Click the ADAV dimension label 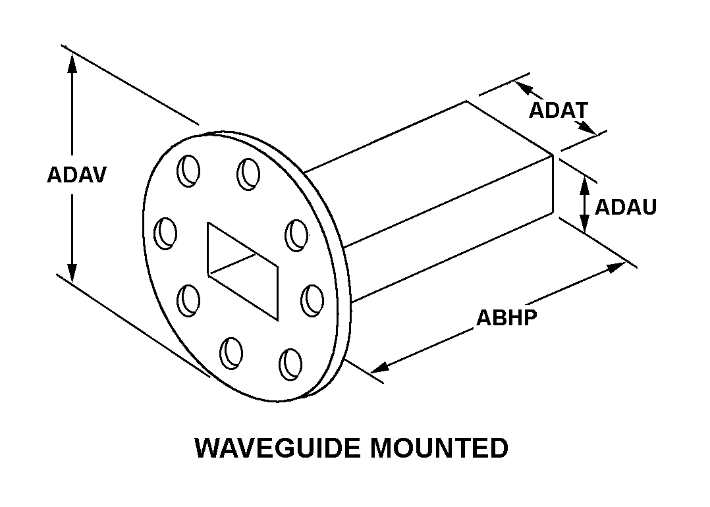pyautogui.click(x=76, y=175)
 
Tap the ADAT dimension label pyautogui.click(x=559, y=110)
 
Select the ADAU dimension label pyautogui.click(x=626, y=207)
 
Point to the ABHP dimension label pyautogui.click(x=506, y=317)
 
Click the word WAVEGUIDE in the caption pyautogui.click(x=276, y=448)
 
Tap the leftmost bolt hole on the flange pyautogui.click(x=167, y=232)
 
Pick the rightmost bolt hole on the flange pyautogui.click(x=312, y=300)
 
